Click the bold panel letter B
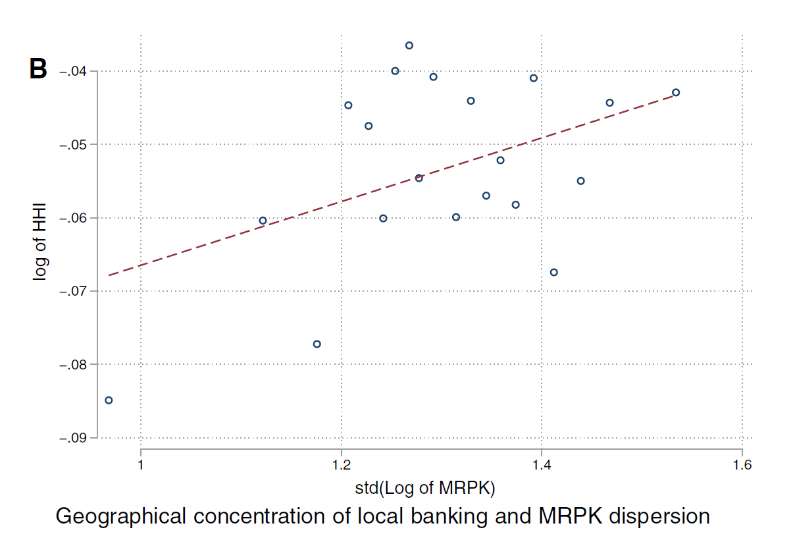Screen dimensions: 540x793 (38, 68)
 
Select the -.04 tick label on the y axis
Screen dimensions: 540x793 (77, 71)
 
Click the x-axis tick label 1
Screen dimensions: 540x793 (141, 465)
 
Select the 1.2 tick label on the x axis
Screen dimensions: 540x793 (341, 465)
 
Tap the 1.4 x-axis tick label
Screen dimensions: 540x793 (542, 465)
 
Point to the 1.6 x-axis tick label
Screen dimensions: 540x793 (742, 465)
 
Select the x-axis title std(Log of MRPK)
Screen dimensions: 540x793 (424, 488)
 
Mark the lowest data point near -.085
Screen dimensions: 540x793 (109, 400)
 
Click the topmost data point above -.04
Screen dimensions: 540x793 (409, 45)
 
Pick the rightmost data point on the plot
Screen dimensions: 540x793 (676, 92)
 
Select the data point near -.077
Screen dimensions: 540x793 (317, 344)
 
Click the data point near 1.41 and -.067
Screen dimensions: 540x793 (553, 272)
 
